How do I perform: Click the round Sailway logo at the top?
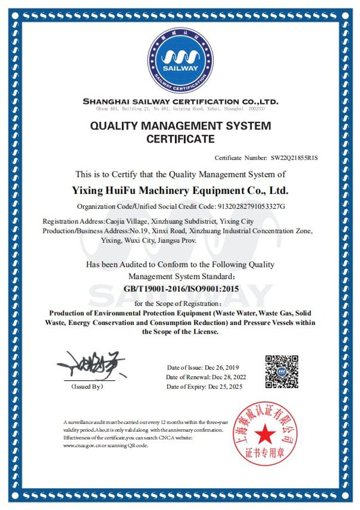click(x=180, y=57)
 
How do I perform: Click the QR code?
click(x=281, y=371)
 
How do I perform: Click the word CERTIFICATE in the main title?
click(x=181, y=139)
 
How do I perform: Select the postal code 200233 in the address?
click(x=256, y=109)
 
